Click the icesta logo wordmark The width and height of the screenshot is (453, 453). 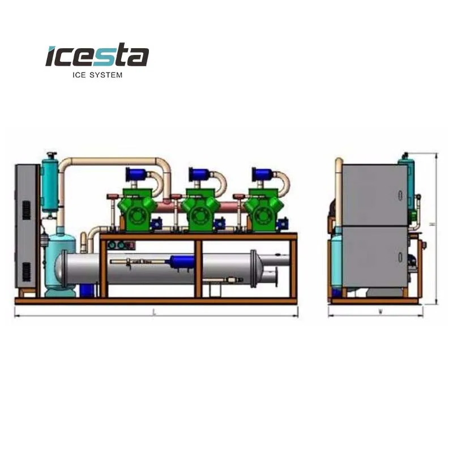pos(97,57)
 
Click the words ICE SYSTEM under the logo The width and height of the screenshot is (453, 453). pos(97,74)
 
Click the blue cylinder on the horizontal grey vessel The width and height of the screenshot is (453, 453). pos(182,262)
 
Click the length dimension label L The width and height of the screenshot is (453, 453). pos(155,312)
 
